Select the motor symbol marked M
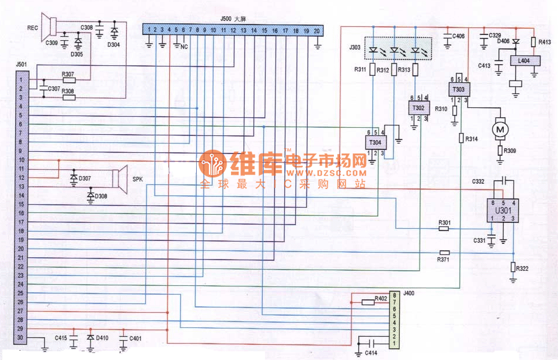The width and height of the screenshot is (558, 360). pyautogui.click(x=500, y=128)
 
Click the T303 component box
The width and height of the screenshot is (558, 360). pyautogui.click(x=459, y=89)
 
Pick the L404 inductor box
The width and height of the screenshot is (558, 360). pyautogui.click(x=524, y=60)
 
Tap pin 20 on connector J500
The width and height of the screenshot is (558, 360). pyautogui.click(x=316, y=30)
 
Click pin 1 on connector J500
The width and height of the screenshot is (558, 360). pyautogui.click(x=149, y=30)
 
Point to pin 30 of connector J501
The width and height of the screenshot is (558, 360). pyautogui.click(x=20, y=338)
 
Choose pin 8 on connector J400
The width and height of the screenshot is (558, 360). pyautogui.click(x=395, y=295)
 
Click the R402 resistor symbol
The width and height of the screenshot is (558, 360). pyautogui.click(x=368, y=302)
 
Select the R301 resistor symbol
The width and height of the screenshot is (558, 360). pyautogui.click(x=444, y=229)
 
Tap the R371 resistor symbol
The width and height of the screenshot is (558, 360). pyautogui.click(x=444, y=252)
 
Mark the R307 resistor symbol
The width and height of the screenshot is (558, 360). pyautogui.click(x=68, y=81)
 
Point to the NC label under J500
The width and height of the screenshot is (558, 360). pyautogui.click(x=184, y=46)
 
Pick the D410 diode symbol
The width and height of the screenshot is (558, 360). pyautogui.click(x=90, y=338)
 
